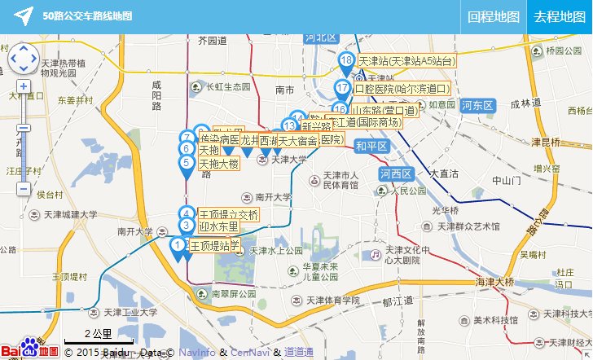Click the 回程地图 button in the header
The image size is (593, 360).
click(494, 16)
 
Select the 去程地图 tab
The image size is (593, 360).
click(560, 16)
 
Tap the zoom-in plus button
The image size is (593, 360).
click(24, 86)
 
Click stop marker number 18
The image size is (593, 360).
click(347, 61)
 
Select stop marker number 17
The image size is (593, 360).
click(342, 89)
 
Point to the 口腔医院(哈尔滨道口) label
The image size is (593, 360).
click(402, 89)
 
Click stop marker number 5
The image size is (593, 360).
click(187, 163)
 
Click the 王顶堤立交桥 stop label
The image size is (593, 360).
click(229, 215)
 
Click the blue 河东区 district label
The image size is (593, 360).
click(477, 105)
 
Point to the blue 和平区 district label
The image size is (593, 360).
click(371, 146)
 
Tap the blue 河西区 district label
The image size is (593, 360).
click(397, 173)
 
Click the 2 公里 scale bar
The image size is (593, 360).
click(97, 335)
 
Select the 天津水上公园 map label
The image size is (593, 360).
click(276, 251)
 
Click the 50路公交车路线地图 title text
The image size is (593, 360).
click(87, 15)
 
